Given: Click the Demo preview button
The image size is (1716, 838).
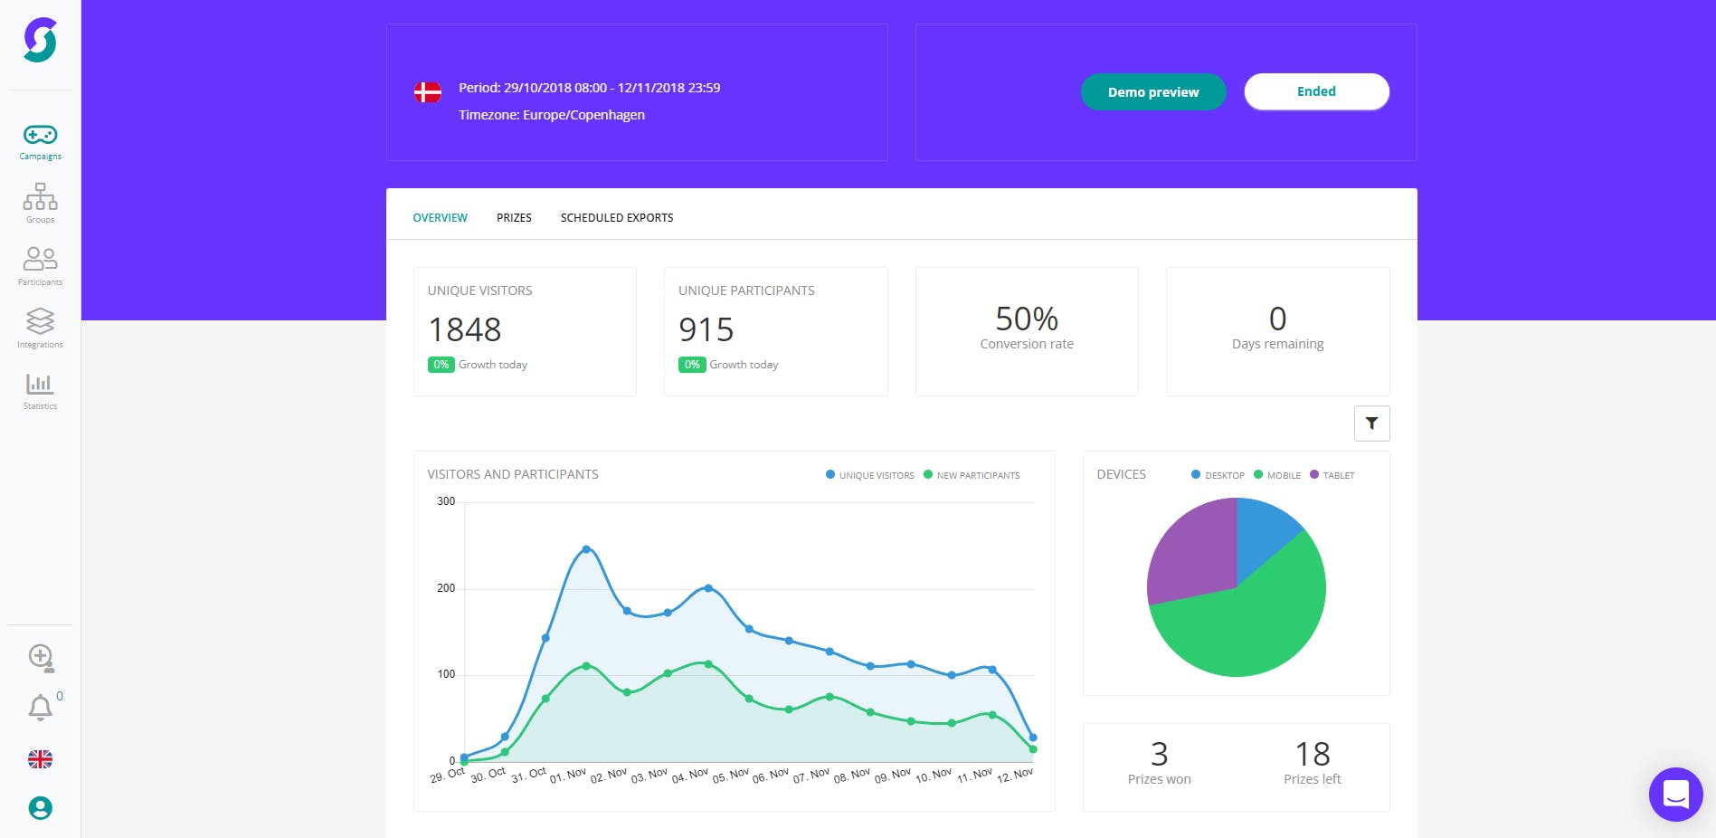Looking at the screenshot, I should [1153, 92].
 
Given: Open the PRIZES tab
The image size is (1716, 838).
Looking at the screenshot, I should [514, 218].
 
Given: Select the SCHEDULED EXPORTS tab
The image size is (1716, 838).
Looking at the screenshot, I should [616, 218].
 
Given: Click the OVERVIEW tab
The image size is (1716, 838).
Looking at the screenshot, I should [440, 218].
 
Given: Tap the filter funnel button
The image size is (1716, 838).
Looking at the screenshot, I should [1371, 424].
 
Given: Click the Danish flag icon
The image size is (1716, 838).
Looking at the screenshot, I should [427, 92].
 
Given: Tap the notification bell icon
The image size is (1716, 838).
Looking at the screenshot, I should [40, 707].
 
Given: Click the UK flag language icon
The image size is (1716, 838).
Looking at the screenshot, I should [40, 759].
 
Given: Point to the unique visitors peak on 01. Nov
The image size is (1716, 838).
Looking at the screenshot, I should [586, 549].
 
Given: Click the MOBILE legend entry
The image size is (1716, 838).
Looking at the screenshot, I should [1277, 475].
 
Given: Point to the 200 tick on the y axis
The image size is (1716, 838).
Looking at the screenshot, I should [446, 588].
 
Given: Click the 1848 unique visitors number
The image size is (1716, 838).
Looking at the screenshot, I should [465, 330].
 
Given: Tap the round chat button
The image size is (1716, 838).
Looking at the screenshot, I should [1675, 795].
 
